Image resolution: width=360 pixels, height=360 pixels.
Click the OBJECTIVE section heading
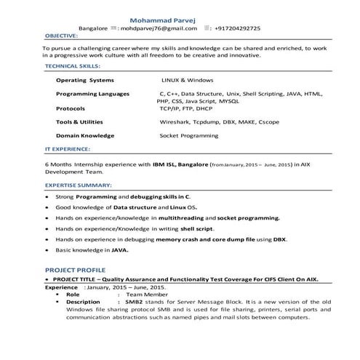pyautogui.click(x=62, y=36)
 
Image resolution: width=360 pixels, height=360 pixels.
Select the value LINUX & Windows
pyautogui.click(x=188, y=80)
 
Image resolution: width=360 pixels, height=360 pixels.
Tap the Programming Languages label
pyautogui.click(x=92, y=94)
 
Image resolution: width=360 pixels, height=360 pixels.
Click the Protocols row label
pyautogui.click(x=71, y=108)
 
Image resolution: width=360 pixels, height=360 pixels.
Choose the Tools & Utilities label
pyautogui.click(x=84, y=121)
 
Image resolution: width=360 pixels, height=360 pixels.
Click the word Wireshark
pyautogui.click(x=175, y=121)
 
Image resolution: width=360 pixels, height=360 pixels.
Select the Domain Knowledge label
pyautogui.click(x=87, y=135)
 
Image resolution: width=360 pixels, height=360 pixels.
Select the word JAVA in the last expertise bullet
pyautogui.click(x=119, y=249)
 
